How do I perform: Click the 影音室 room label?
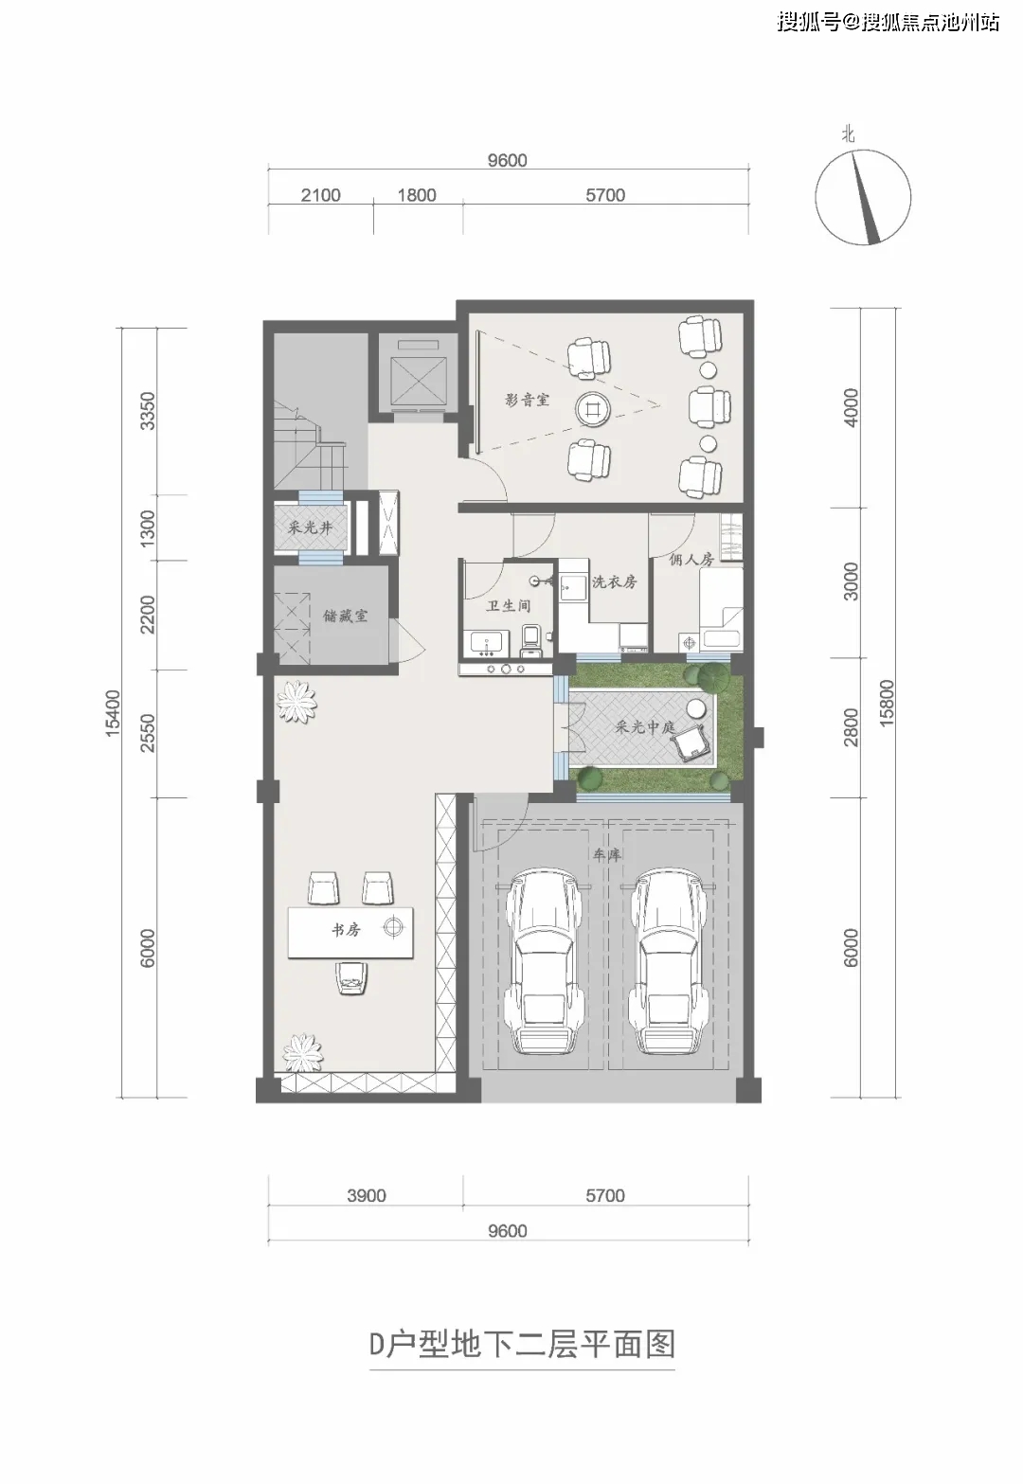tap(527, 401)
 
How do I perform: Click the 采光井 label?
tap(310, 528)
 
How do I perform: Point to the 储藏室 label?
tap(345, 616)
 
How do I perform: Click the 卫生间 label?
tap(508, 605)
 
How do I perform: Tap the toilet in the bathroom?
tap(532, 641)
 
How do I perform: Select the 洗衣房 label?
tap(614, 581)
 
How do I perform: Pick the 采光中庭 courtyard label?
tap(644, 726)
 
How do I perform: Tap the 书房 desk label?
tap(346, 929)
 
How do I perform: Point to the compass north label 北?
tap(848, 135)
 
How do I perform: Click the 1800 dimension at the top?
tap(417, 195)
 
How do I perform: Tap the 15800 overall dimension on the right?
tap(887, 703)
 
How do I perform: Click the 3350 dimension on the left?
tap(148, 411)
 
